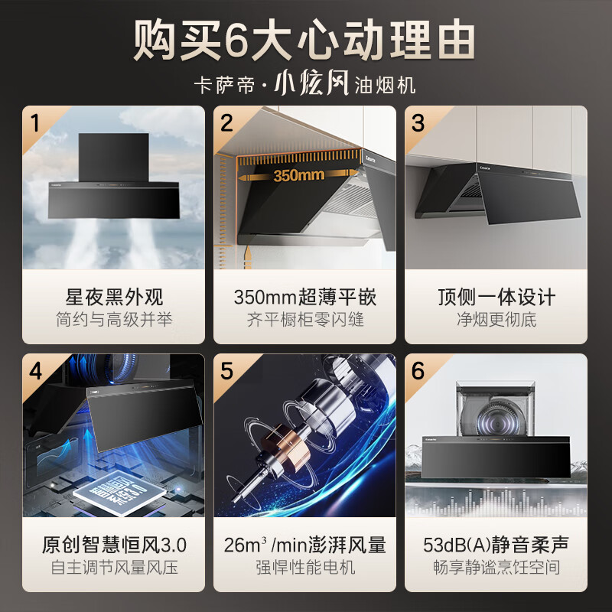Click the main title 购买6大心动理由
304,41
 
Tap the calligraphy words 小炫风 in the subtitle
311,83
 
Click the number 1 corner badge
35,123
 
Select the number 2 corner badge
226,123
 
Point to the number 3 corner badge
418,123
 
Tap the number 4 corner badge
35,371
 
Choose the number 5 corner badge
226,371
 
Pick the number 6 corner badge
418,371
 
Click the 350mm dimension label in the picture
298,175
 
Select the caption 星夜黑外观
114,297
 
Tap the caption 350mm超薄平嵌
304,297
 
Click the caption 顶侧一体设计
496,297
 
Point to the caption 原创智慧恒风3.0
114,545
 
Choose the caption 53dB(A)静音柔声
496,545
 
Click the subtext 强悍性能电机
305,567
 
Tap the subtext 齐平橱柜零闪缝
305,319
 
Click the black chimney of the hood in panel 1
113,158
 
